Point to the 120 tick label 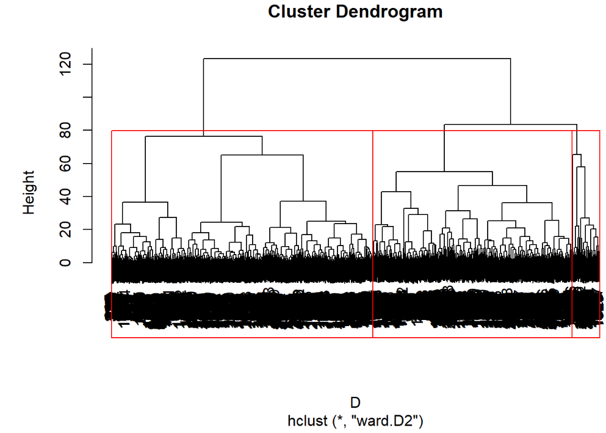(x=63, y=64)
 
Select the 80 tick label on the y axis (x=63, y=130)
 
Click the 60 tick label (x=63, y=164)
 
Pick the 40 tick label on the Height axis (x=63, y=197)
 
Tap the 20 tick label (x=63, y=230)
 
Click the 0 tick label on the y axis (x=63, y=263)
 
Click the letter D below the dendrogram (x=355, y=402)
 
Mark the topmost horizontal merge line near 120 (x=356, y=59)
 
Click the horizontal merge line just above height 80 (x=510, y=125)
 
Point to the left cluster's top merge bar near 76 (x=203, y=136)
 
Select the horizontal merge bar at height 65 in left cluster (x=262, y=155)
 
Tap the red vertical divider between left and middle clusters (x=372, y=232)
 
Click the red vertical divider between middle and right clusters (x=572, y=232)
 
